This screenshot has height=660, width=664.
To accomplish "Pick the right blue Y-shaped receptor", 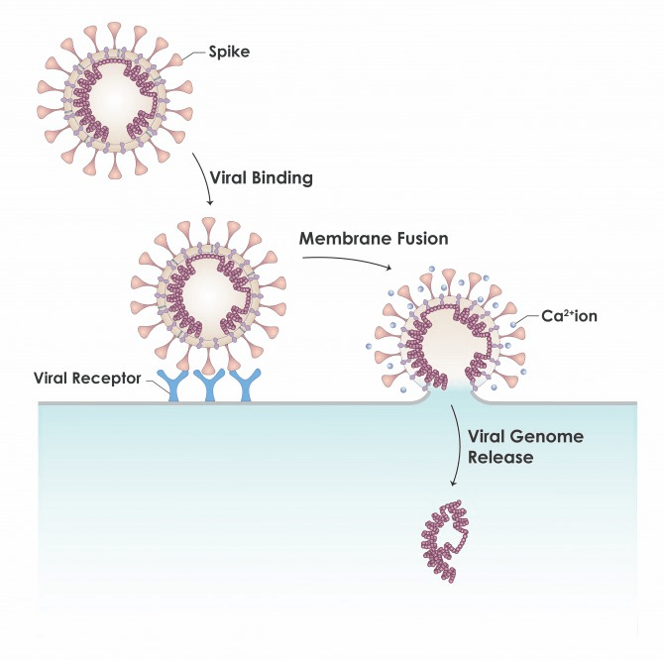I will click(243, 387).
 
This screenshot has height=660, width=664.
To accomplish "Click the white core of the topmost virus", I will click(114, 100).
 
